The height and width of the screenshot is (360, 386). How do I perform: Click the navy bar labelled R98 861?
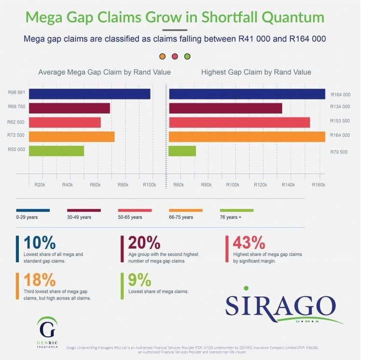[x=90, y=94]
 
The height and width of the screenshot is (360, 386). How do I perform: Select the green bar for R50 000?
[x=56, y=151]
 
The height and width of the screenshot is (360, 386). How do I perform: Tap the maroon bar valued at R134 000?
[x=225, y=108]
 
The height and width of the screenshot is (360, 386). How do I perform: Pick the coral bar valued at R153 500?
[x=239, y=123]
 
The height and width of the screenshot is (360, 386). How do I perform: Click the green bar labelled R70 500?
[x=182, y=151]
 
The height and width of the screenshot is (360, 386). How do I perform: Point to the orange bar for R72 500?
[x=72, y=137]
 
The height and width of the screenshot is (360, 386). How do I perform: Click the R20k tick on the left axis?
[x=40, y=185]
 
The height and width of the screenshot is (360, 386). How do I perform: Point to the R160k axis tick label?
[x=318, y=185]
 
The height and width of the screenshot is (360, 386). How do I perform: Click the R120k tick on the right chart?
[x=261, y=185]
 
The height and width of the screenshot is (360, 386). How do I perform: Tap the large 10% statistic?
[x=39, y=242]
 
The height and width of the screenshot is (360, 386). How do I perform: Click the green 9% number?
[x=139, y=280]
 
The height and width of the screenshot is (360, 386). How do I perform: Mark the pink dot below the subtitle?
[x=175, y=56]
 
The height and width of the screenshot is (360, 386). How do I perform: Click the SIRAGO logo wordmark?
[x=280, y=305]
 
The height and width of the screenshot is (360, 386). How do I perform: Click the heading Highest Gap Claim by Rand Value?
[x=256, y=72]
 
